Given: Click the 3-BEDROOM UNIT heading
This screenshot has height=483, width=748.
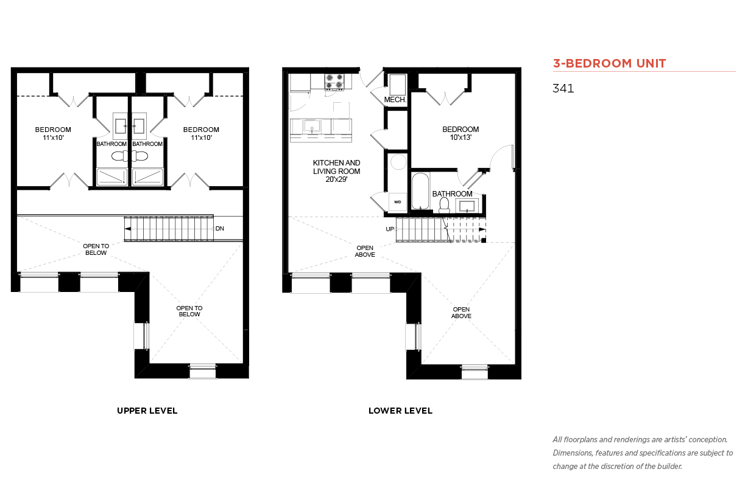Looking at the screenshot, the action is tap(609, 63).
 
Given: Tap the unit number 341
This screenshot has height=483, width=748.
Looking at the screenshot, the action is tap(563, 88).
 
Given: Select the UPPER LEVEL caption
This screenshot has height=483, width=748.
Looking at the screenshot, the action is tap(147, 411).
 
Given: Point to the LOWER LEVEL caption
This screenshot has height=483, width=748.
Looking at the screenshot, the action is tap(400, 411).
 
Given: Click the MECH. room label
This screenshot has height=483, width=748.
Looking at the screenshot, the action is tap(395, 100).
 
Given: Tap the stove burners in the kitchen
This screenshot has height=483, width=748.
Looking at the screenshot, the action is tap(334, 82).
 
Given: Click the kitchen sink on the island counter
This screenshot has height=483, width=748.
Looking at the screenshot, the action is tap(312, 126).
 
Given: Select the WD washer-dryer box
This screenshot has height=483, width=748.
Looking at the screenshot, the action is tap(397, 202).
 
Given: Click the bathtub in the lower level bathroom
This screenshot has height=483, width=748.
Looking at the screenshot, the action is tap(420, 191).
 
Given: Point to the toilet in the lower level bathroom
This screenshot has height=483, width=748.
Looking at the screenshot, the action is tap(444, 205).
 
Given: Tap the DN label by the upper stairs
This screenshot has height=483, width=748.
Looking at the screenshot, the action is tap(220, 229).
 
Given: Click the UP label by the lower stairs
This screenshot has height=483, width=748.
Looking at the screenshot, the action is tap(390, 229).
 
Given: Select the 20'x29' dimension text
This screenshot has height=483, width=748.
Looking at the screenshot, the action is tap(337, 179).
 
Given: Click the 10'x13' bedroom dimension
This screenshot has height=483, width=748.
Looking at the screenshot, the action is tap(460, 137).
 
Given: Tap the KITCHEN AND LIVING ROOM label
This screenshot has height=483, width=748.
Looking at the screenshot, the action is tap(337, 167).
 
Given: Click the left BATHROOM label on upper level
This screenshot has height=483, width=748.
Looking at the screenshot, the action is tap(111, 144).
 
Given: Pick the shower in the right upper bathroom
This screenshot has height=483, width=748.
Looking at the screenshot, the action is tap(147, 177).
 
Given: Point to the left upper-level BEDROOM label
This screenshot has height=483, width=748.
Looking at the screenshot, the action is tap(53, 130).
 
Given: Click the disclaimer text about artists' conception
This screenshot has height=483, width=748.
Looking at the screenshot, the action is tap(643, 453).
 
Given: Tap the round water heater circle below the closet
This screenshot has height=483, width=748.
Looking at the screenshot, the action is tap(398, 162).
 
